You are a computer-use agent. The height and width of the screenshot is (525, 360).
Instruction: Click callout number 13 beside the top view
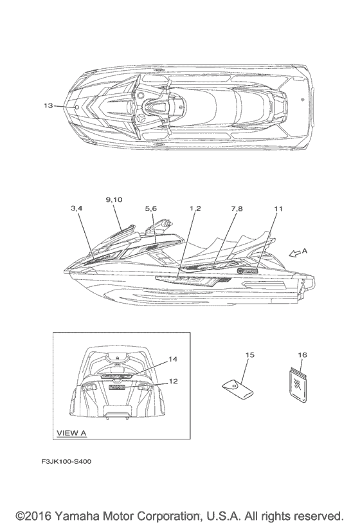[48, 106]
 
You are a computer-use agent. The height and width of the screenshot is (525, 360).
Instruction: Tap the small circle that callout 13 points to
[76, 107]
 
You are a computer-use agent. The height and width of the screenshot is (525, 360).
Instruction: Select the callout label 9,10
[114, 199]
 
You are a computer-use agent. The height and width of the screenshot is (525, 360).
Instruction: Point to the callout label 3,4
[76, 208]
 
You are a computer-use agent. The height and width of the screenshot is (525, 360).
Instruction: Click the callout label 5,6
[150, 208]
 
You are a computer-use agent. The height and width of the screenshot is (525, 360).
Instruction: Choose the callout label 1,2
[195, 208]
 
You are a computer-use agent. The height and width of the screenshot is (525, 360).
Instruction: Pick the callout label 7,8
[237, 208]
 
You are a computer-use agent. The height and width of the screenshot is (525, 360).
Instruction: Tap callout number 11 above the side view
[278, 208]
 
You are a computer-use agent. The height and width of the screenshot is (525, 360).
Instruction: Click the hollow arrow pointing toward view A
[294, 253]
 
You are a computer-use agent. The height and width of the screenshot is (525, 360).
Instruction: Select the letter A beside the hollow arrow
[304, 250]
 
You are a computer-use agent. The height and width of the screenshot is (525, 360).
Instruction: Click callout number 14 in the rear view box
[173, 359]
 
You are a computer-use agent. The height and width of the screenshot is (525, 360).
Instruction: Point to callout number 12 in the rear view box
[174, 381]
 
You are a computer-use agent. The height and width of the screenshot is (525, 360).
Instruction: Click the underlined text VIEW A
[71, 433]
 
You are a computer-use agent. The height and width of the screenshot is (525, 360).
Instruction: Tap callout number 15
[250, 355]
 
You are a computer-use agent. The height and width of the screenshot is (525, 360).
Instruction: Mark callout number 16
[302, 355]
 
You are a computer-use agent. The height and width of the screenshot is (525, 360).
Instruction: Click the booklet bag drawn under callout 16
[298, 384]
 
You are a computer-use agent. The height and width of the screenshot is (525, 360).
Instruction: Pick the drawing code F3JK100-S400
[66, 461]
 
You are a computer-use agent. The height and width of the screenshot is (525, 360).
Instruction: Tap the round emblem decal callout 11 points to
[240, 270]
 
